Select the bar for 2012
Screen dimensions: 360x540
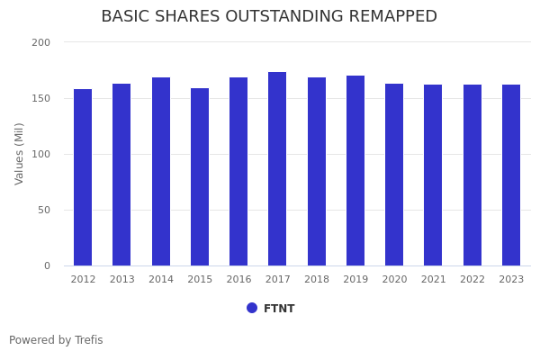(83, 177)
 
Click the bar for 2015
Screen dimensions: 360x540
(200, 177)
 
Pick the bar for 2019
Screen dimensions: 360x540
(355, 171)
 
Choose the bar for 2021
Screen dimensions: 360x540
(433, 175)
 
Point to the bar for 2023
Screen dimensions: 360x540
(511, 175)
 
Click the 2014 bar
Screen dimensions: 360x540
(161, 172)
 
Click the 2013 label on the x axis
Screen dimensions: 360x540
(121, 280)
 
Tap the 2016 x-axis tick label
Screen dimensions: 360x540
(238, 280)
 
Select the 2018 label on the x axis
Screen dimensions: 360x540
(317, 280)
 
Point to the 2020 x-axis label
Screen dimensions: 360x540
(394, 280)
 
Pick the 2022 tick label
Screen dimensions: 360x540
(472, 280)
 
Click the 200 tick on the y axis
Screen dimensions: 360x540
(40, 42)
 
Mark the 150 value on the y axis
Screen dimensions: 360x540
(40, 98)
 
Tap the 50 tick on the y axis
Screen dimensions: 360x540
(43, 210)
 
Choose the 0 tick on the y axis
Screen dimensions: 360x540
(46, 265)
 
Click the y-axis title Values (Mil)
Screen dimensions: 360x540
(20, 154)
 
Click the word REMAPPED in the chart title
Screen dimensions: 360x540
(384, 17)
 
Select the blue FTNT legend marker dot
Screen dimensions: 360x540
(252, 308)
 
